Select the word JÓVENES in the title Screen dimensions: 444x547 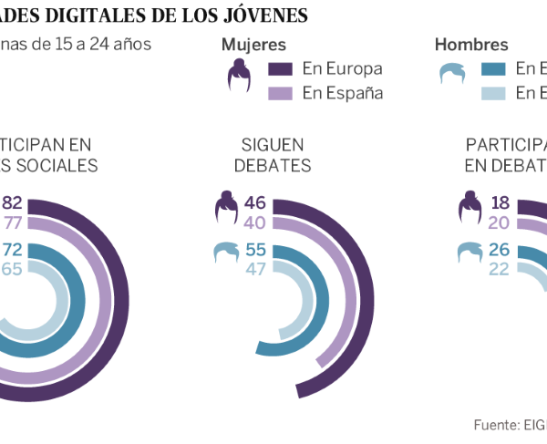click(x=266, y=15)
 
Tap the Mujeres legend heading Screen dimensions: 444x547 click(x=253, y=46)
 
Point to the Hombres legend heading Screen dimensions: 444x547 click(x=471, y=46)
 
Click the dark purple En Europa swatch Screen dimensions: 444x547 click(x=280, y=69)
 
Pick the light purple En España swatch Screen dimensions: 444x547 click(x=280, y=93)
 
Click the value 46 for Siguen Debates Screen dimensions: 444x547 click(x=256, y=202)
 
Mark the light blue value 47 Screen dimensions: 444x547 click(x=256, y=269)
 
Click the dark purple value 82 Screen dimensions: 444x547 click(x=13, y=202)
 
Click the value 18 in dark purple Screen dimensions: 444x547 click(x=500, y=202)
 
